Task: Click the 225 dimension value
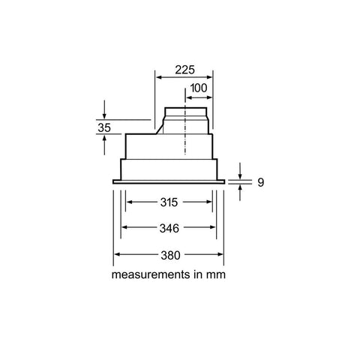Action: tap(184, 70)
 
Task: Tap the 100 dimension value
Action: tap(199, 88)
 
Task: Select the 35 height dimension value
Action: tap(104, 127)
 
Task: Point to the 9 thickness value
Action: tap(261, 182)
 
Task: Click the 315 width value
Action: tap(169, 202)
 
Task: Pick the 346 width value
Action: tap(169, 228)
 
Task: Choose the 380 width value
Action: tap(170, 255)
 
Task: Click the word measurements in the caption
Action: tap(151, 274)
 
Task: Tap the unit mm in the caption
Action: tap(216, 275)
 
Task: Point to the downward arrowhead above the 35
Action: tap(104, 116)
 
